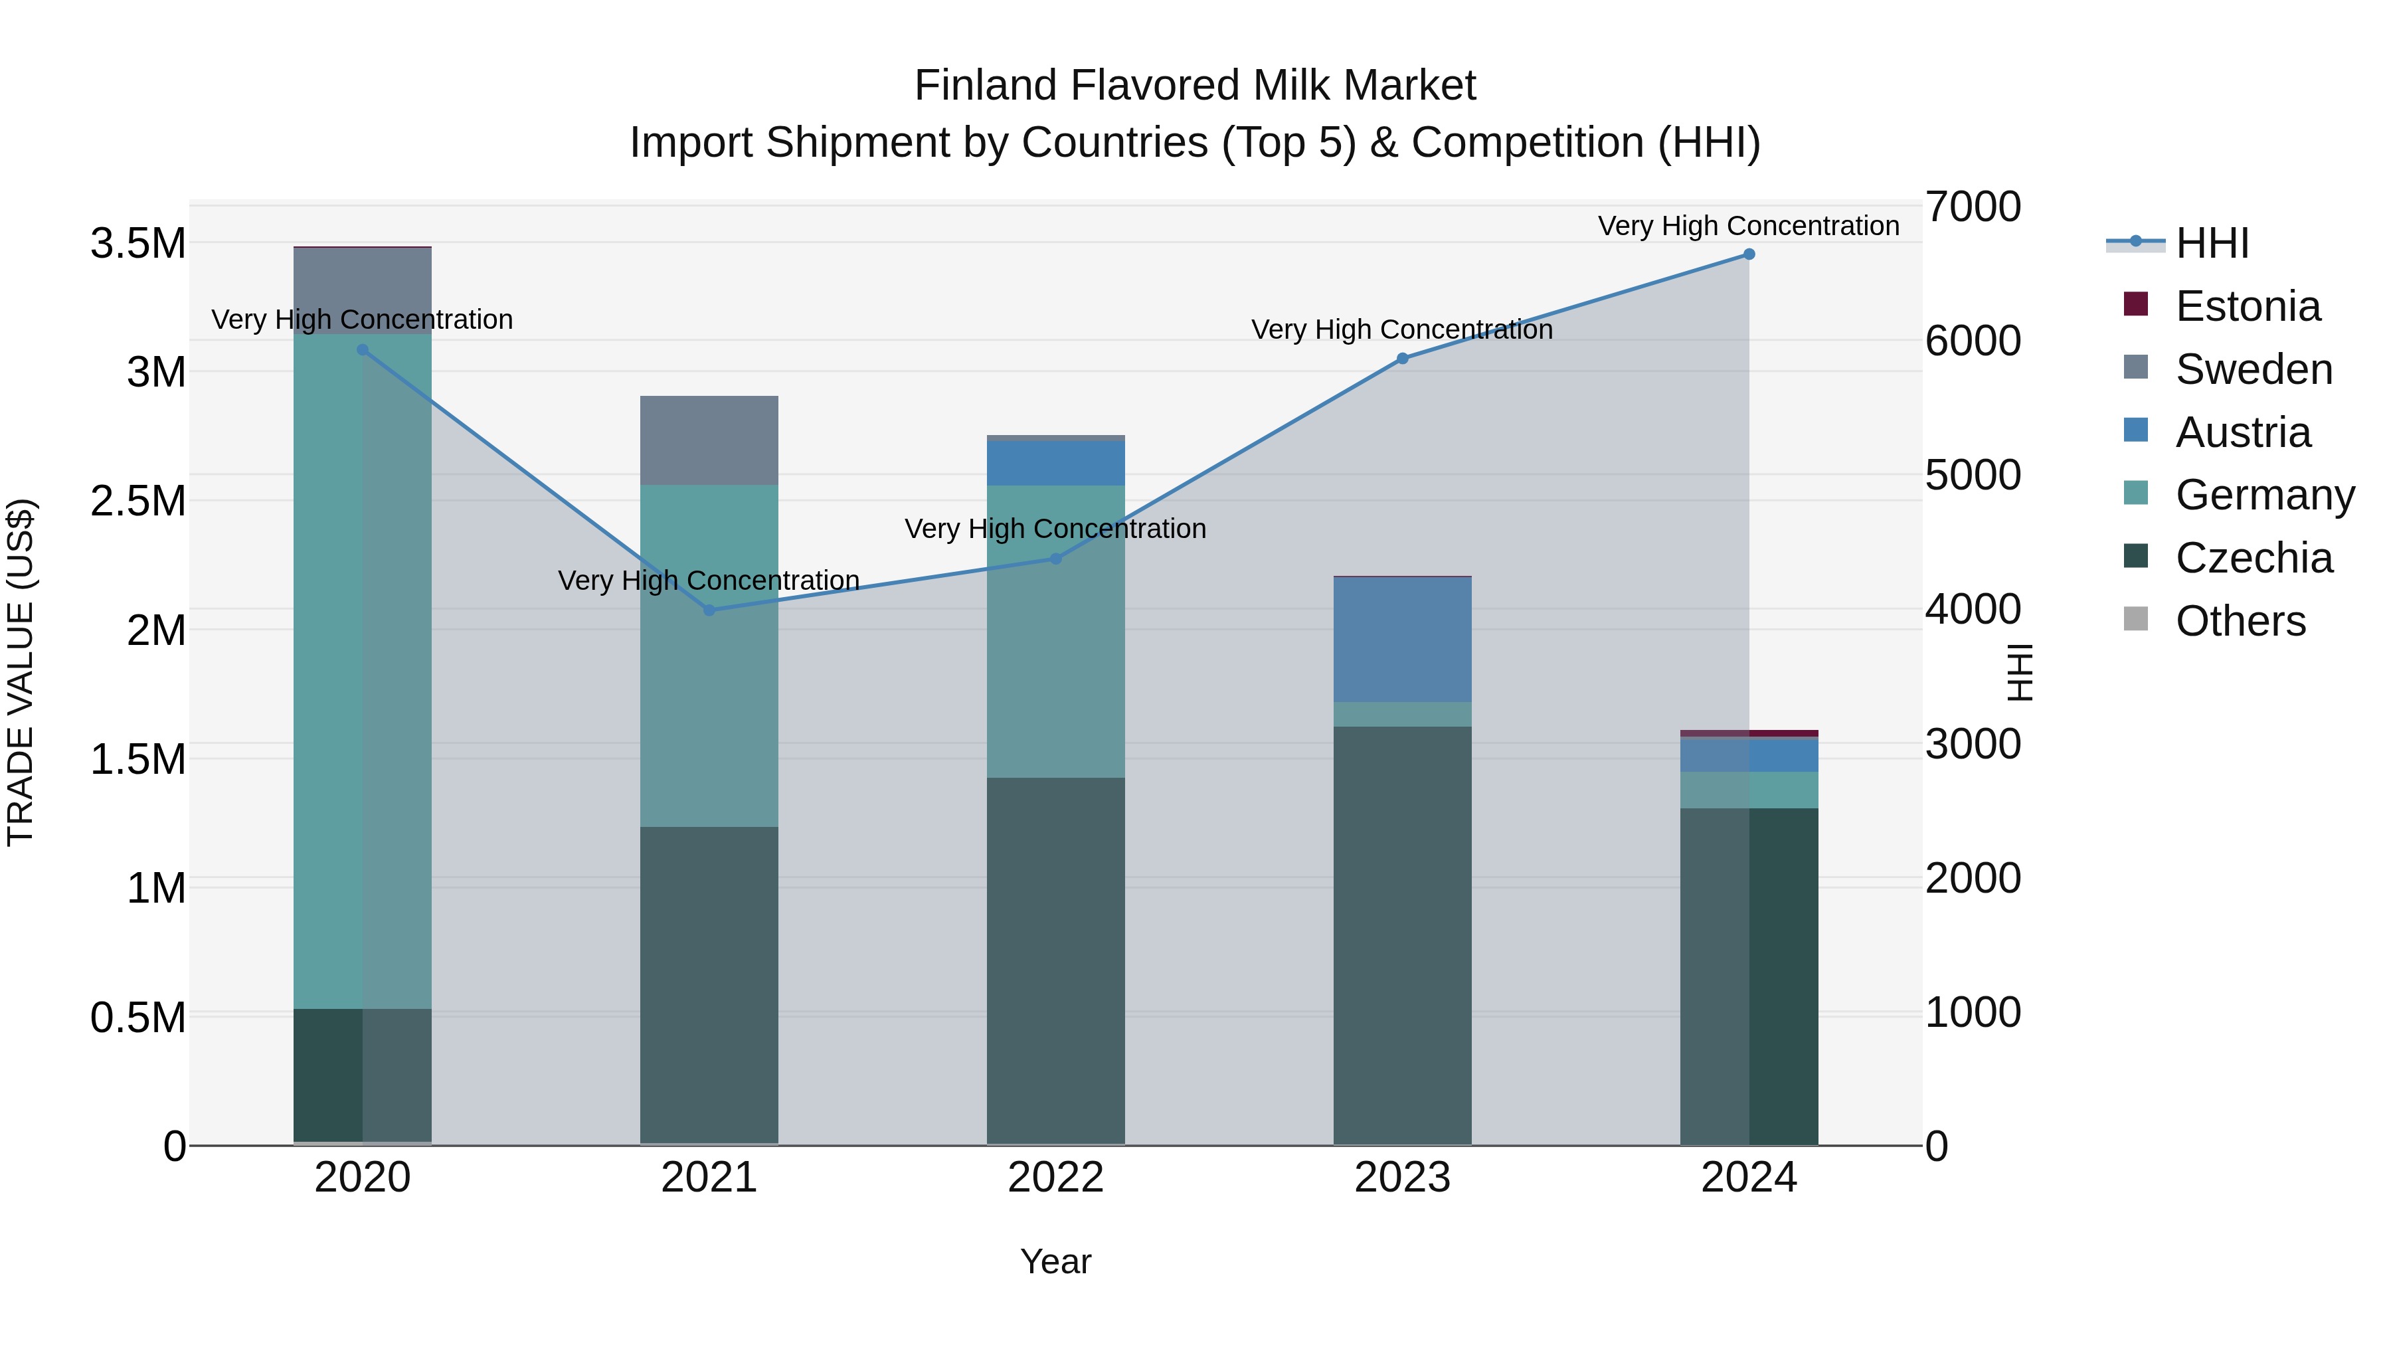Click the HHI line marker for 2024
click(x=1749, y=254)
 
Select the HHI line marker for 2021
click(x=709, y=610)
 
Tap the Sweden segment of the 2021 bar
click(x=709, y=440)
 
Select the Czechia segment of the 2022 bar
click(x=1055, y=960)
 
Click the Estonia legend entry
click(x=2247, y=306)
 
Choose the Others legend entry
click(x=2240, y=621)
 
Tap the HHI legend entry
click(x=2212, y=243)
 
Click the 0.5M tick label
click(x=137, y=1018)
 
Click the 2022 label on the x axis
click(x=1055, y=1177)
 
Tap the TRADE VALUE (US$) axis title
click(x=21, y=672)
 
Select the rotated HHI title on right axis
click(x=2020, y=672)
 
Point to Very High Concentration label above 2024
click(x=1749, y=226)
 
